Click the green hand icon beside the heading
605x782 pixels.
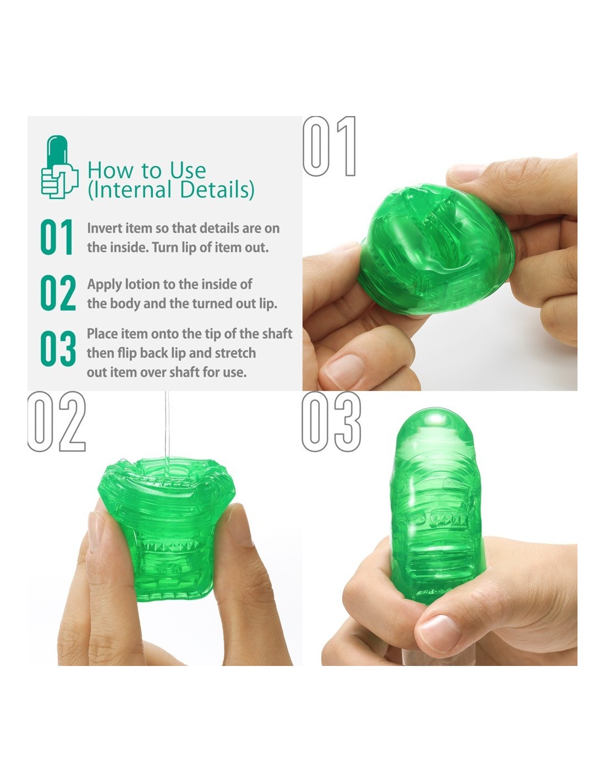59,167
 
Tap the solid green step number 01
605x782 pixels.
57,237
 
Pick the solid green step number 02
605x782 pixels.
58,293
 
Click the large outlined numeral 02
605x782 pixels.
57,421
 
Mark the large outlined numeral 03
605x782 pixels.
331,421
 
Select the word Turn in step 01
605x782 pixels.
165,247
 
